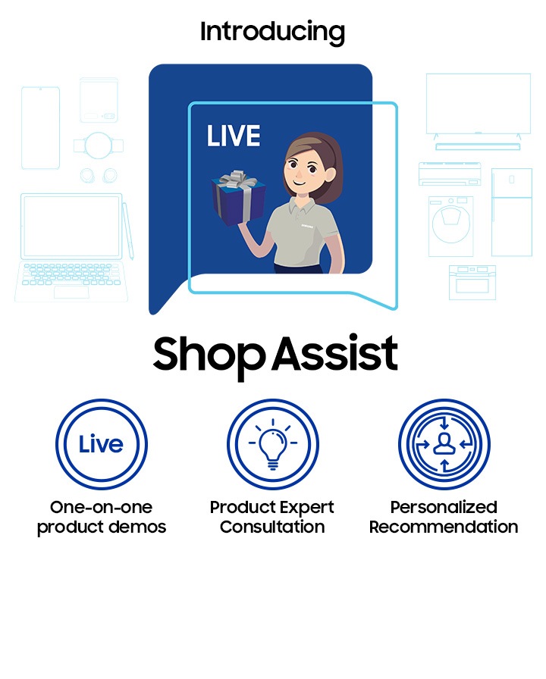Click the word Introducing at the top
(x=272, y=33)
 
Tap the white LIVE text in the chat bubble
(x=234, y=136)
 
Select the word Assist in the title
(x=335, y=352)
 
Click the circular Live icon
(x=102, y=444)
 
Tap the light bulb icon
(x=272, y=444)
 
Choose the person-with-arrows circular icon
(x=444, y=444)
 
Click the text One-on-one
(x=102, y=507)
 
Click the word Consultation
(x=272, y=527)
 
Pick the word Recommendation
(x=444, y=527)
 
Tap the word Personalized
(x=444, y=507)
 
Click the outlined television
(x=479, y=106)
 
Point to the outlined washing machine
(x=450, y=227)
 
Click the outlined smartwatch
(x=99, y=145)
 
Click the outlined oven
(x=472, y=283)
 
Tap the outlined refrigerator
(x=512, y=212)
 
